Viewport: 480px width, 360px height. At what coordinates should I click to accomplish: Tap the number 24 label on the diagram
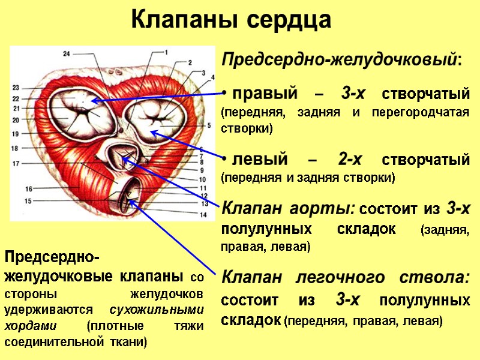(67, 54)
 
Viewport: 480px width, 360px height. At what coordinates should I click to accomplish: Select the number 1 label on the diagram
(166, 52)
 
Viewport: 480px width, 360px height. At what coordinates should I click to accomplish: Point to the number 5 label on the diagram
(208, 125)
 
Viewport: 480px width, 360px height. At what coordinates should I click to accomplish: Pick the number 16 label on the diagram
(29, 189)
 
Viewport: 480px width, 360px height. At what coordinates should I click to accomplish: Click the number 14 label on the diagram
(203, 214)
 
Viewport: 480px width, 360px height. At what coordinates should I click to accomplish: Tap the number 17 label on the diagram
(16, 163)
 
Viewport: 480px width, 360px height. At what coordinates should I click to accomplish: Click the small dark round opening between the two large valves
(122, 128)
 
